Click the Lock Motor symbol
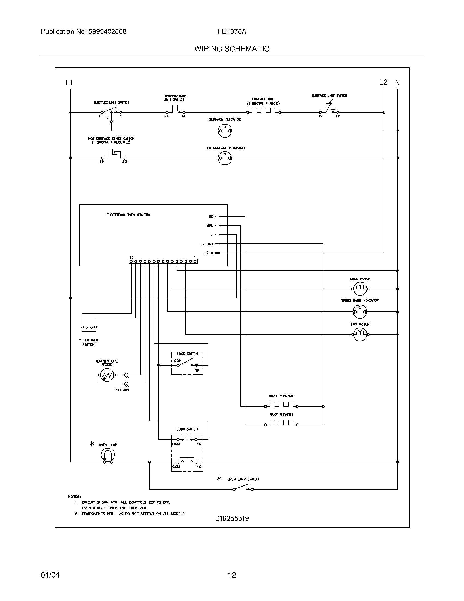point(360,289)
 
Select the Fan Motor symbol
point(360,334)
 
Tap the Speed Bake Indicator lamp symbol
point(360,311)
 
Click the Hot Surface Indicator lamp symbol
point(225,158)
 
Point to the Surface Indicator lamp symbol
point(225,131)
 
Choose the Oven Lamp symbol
point(108,455)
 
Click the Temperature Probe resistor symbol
point(107,375)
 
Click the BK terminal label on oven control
point(210,217)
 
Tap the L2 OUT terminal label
point(207,244)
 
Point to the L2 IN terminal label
point(209,253)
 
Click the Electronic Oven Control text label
point(128,215)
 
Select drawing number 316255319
point(232,518)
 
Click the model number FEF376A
point(232,31)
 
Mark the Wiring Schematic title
point(232,49)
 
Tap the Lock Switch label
point(187,354)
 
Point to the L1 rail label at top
point(69,83)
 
